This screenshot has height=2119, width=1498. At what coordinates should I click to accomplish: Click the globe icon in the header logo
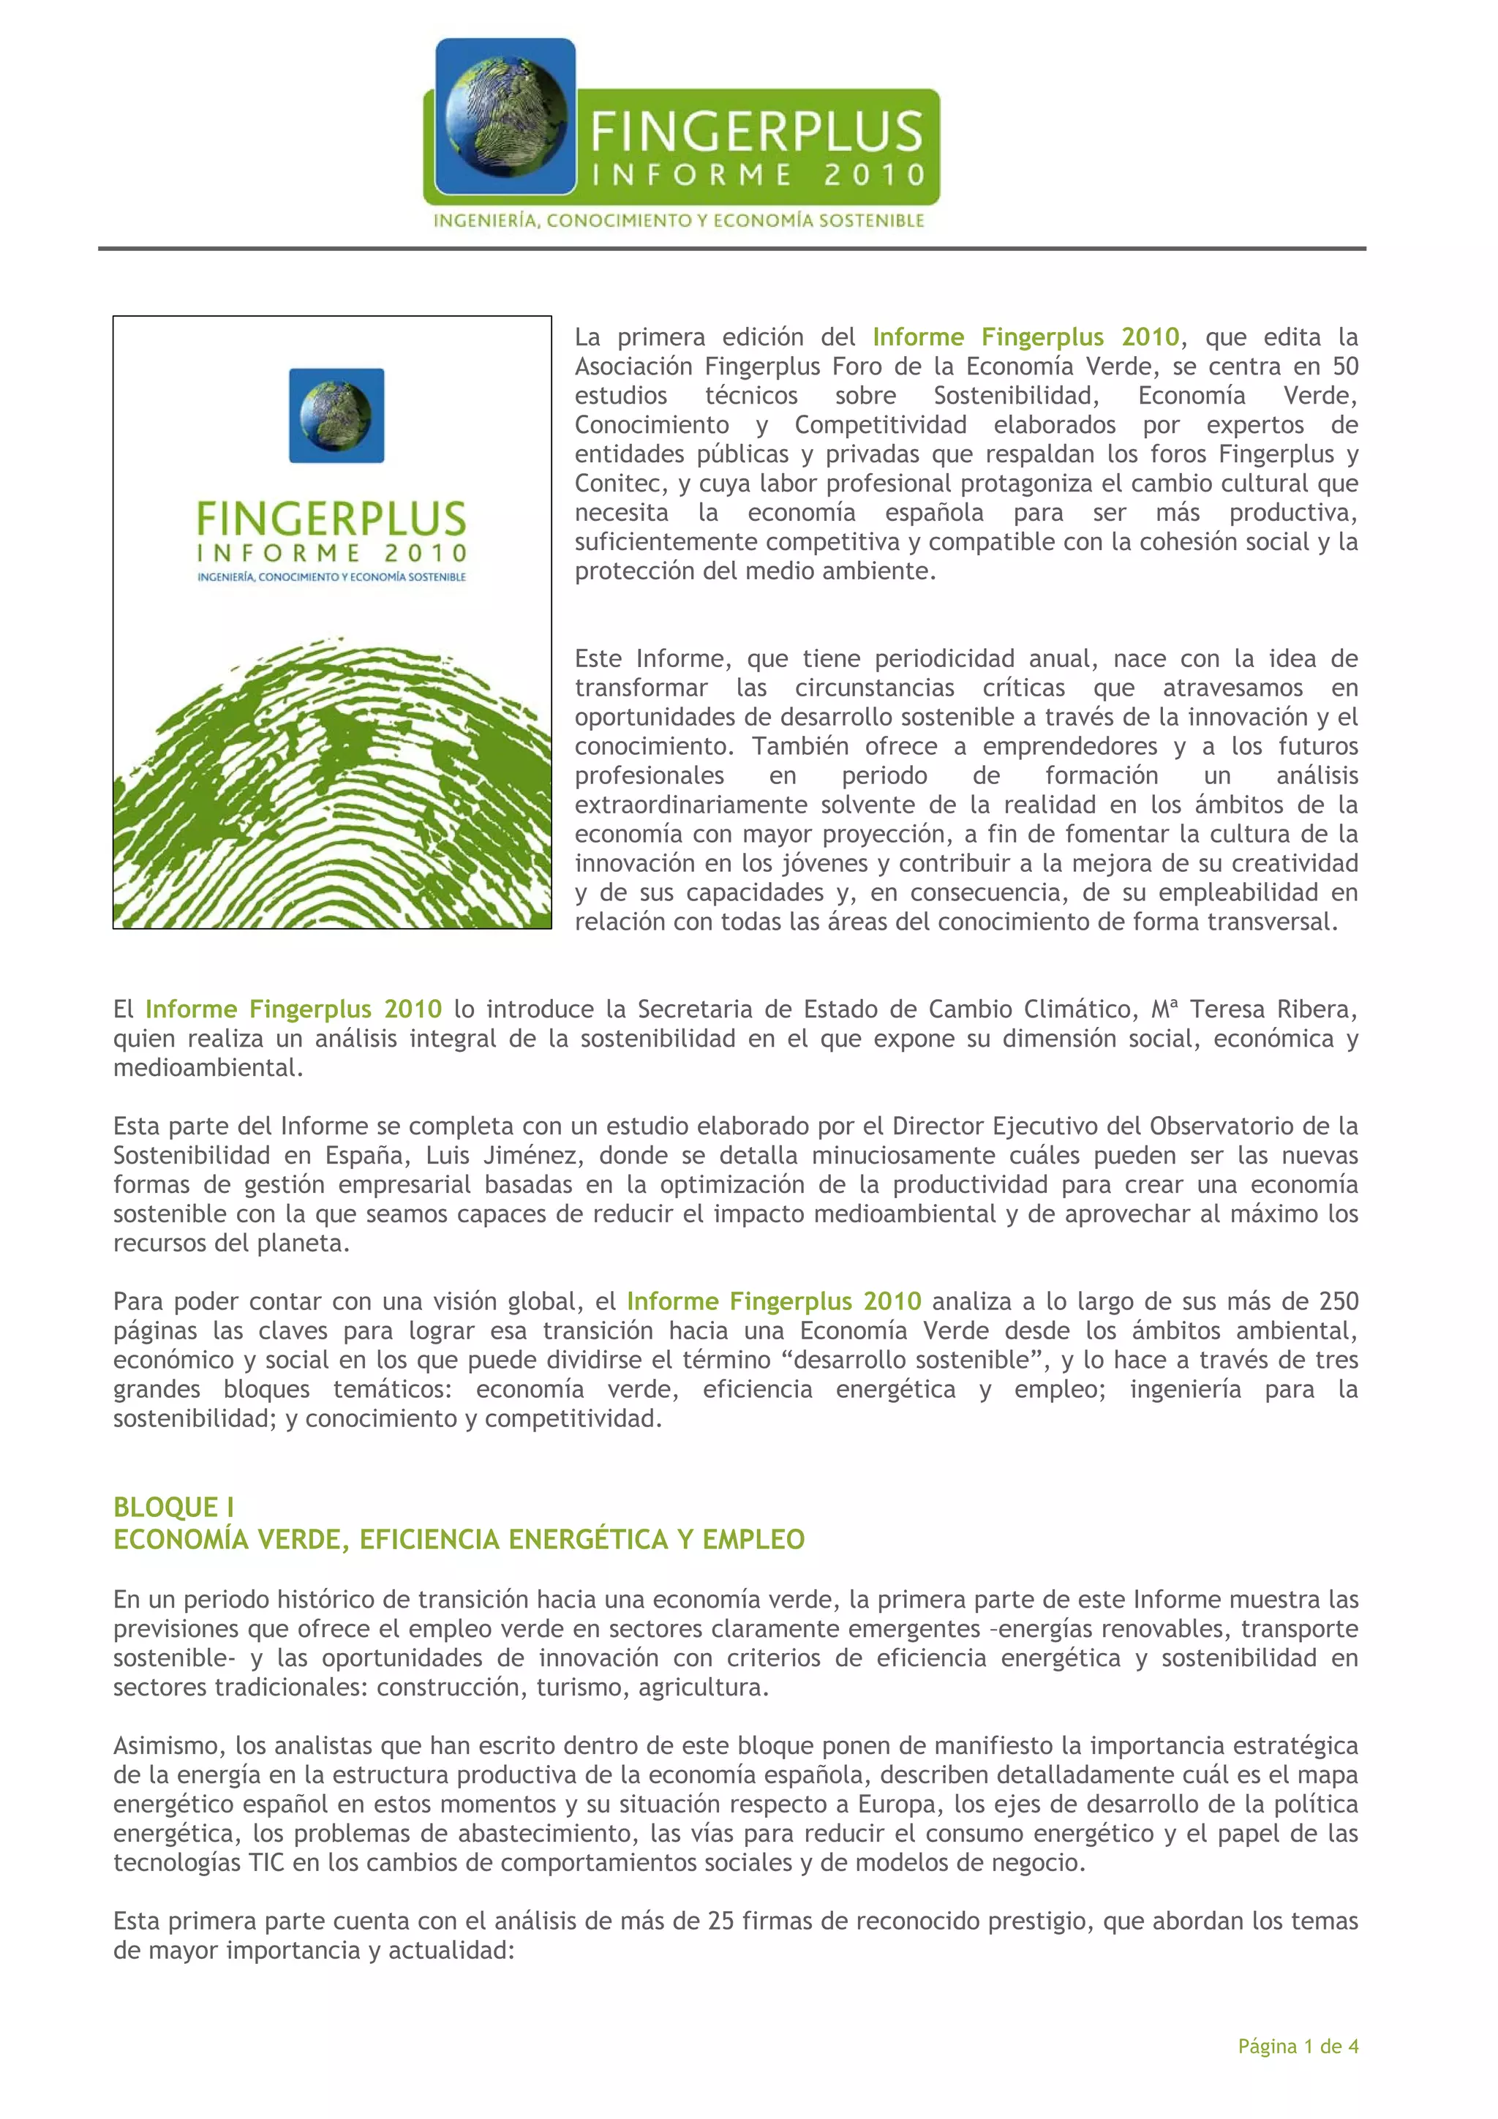tap(505, 116)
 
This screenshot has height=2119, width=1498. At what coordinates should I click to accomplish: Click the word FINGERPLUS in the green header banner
tap(756, 131)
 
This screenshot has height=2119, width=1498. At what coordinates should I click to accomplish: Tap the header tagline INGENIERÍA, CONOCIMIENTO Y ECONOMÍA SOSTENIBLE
tap(678, 221)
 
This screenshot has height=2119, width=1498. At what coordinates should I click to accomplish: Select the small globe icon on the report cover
tap(336, 415)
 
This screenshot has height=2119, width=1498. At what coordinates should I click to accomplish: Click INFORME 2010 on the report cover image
tap(331, 553)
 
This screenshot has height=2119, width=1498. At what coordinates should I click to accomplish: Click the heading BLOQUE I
tap(173, 1506)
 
